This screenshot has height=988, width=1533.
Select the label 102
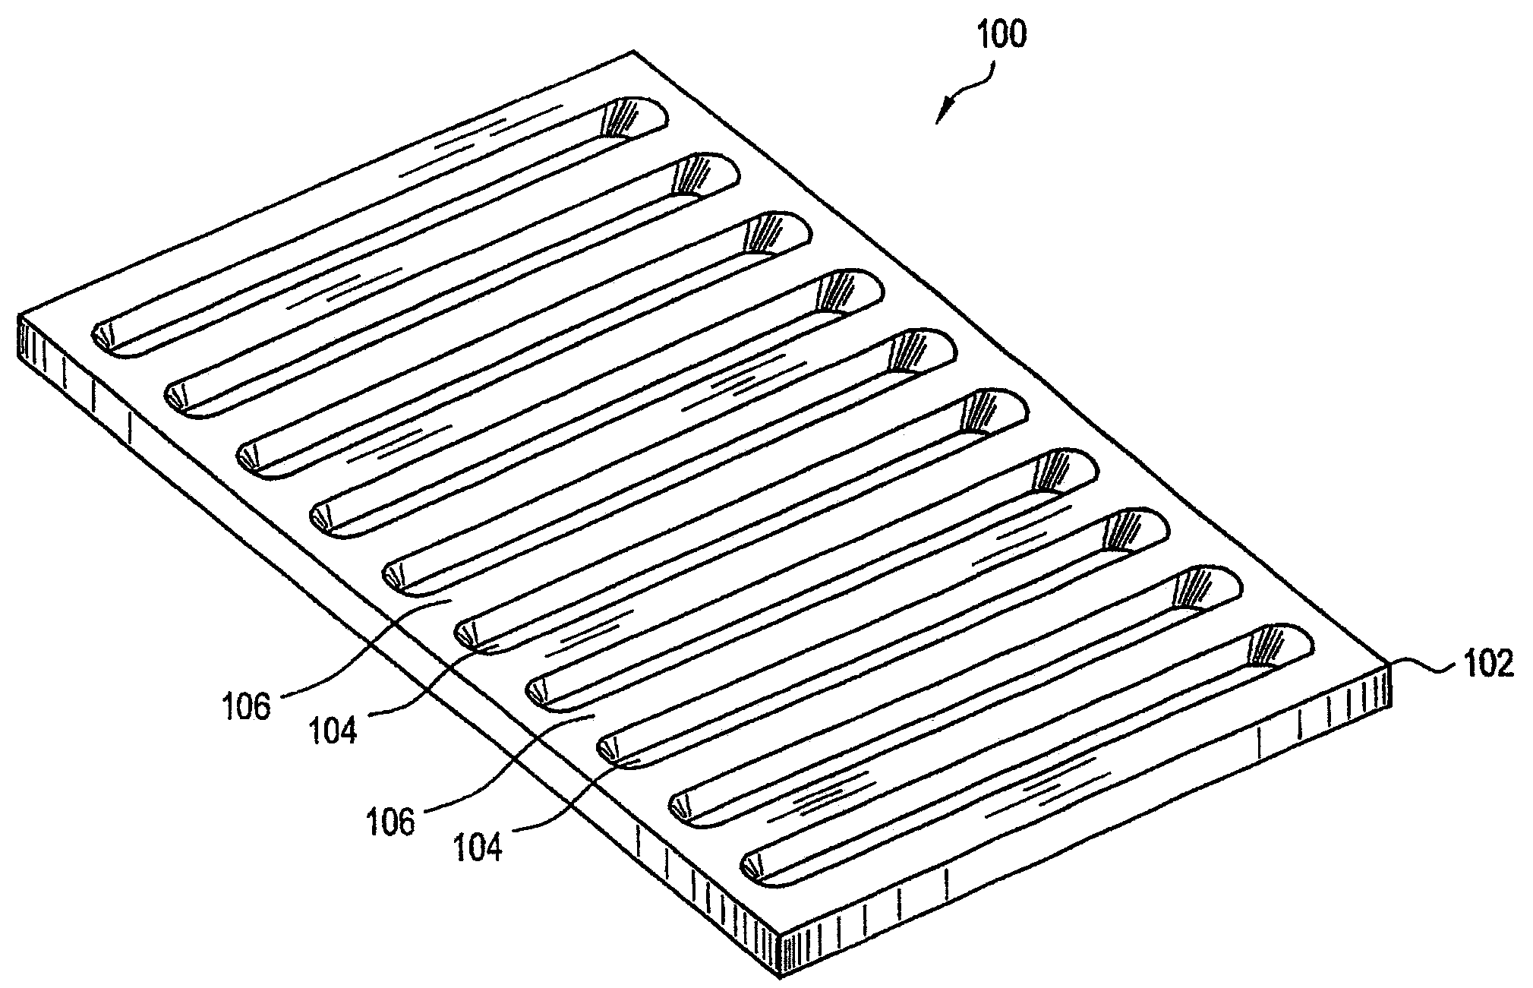[1484, 663]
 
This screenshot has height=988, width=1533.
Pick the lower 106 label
[393, 821]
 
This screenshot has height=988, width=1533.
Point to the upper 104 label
[333, 730]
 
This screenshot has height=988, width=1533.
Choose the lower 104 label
[478, 846]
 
